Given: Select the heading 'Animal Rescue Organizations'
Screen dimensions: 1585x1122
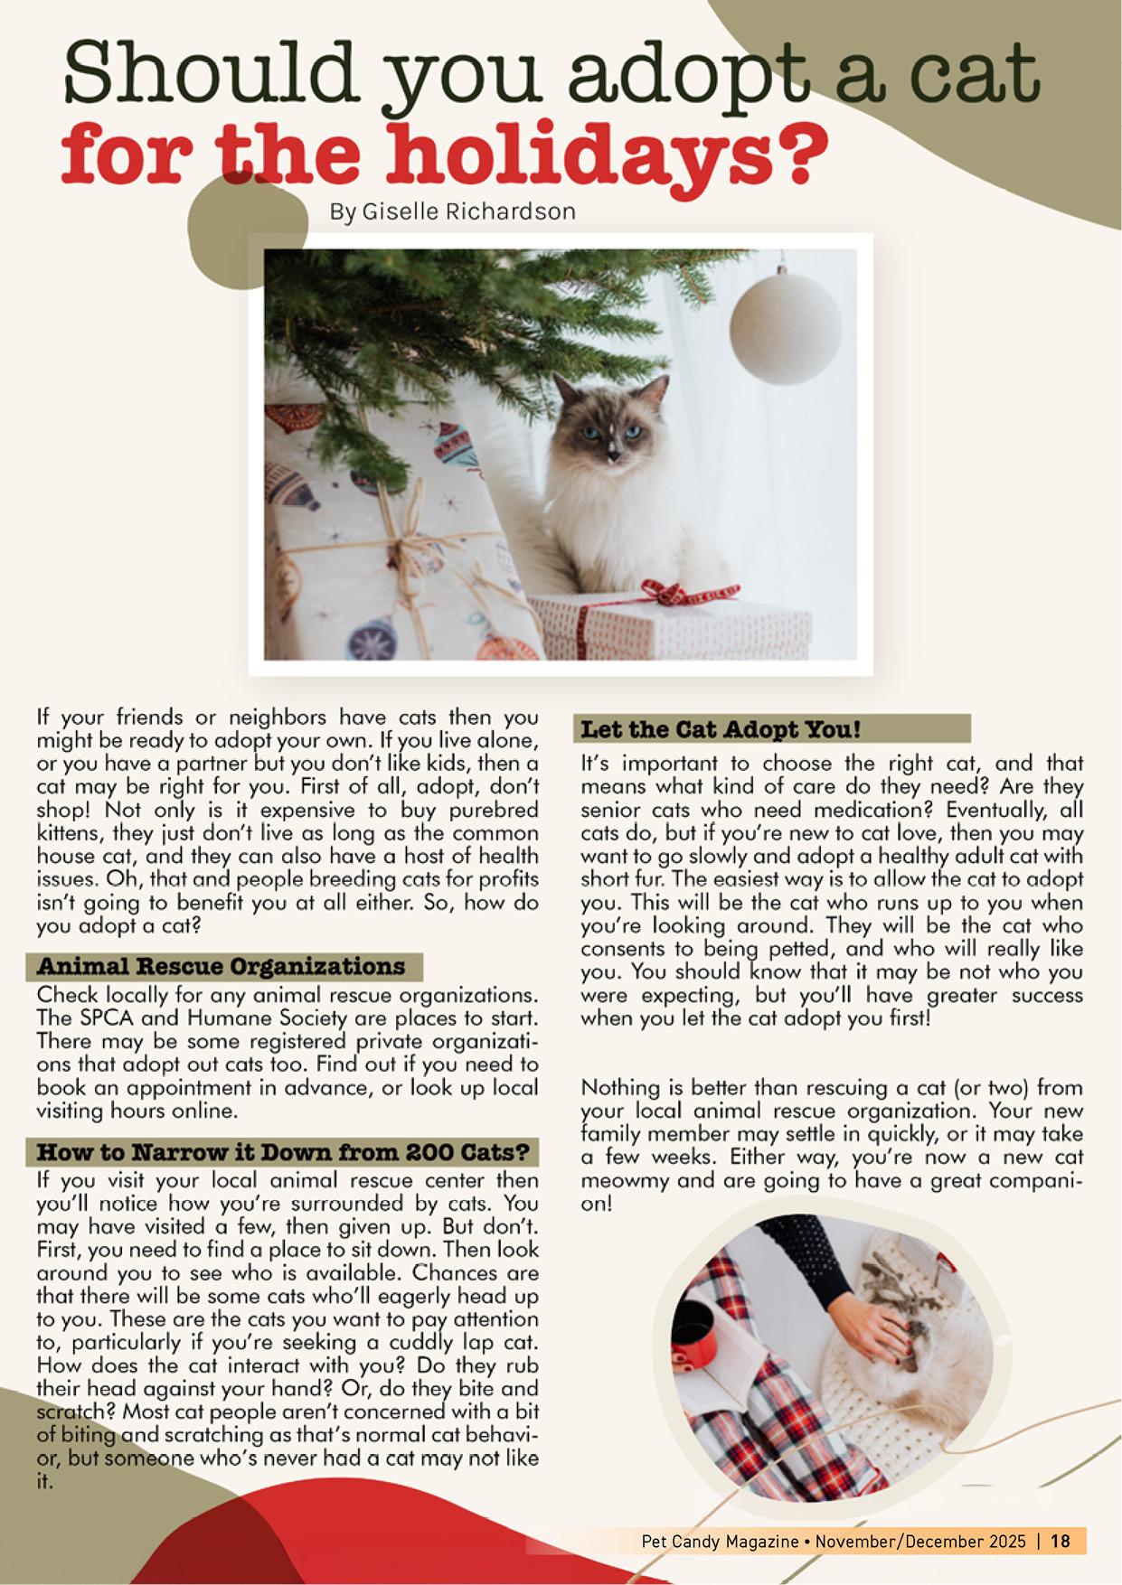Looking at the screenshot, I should click(x=222, y=966).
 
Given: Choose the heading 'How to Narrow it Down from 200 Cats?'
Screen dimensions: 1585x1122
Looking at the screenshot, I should click(x=282, y=1152).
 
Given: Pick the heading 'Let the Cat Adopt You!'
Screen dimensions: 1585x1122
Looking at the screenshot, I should click(x=721, y=728).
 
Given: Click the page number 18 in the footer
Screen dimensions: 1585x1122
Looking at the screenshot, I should click(x=1061, y=1541).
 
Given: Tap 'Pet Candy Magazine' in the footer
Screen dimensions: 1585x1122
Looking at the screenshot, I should click(x=720, y=1541).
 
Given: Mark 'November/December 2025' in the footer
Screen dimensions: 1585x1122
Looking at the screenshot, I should click(x=920, y=1541).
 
